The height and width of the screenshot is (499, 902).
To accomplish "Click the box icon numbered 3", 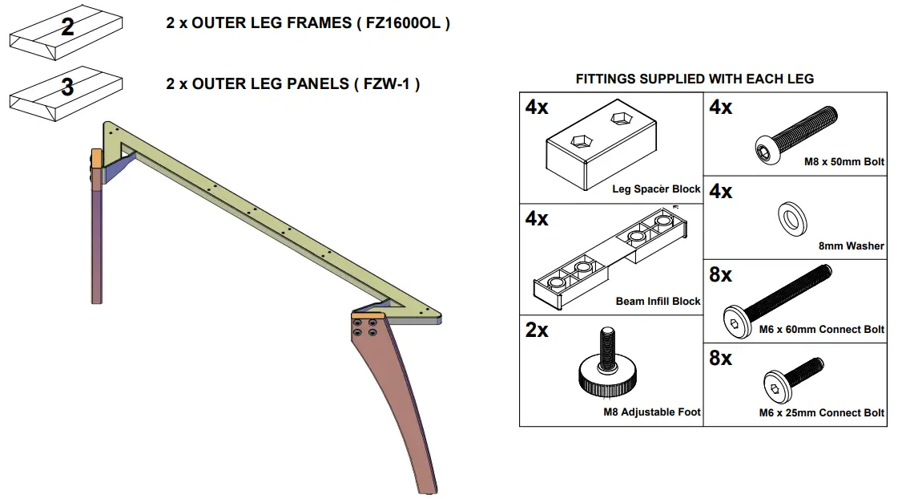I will pyautogui.click(x=66, y=94).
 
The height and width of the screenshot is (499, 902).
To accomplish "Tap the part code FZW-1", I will pyautogui.click(x=386, y=83).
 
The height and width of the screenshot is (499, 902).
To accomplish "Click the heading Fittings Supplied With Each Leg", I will pyautogui.click(x=695, y=79).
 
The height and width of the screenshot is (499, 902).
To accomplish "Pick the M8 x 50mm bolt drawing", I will pyautogui.click(x=797, y=133).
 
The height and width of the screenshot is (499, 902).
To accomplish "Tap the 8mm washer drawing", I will pyautogui.click(x=792, y=217).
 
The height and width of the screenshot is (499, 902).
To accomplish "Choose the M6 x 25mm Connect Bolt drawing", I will pyautogui.click(x=792, y=381).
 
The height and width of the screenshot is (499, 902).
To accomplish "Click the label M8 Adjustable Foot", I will pyautogui.click(x=651, y=412).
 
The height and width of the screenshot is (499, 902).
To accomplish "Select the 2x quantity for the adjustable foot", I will pyautogui.click(x=537, y=331).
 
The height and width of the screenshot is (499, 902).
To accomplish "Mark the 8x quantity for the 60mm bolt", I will pyautogui.click(x=720, y=275).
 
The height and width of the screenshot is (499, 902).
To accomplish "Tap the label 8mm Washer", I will pyautogui.click(x=851, y=246).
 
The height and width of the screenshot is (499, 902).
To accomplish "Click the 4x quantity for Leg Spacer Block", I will pyautogui.click(x=537, y=108).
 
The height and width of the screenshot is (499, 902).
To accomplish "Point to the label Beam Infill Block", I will pyautogui.click(x=658, y=302).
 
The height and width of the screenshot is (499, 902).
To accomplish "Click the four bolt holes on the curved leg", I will pyautogui.click(x=364, y=326).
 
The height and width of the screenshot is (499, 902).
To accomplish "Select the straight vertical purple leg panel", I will pyautogui.click(x=96, y=241).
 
